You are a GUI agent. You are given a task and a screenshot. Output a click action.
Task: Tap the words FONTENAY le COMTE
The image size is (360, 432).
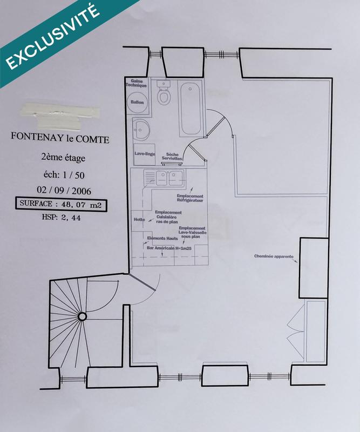(60, 139)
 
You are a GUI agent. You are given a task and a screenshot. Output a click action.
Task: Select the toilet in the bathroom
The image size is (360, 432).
(164, 96)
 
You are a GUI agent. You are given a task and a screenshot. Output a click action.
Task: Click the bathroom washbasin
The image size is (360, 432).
(141, 129)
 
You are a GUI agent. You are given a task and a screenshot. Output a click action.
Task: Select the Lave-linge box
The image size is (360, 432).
(142, 154)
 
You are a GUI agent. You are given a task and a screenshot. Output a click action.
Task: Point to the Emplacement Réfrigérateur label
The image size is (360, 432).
(189, 198)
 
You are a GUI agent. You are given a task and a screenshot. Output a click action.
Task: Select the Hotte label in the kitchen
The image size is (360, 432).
(139, 220)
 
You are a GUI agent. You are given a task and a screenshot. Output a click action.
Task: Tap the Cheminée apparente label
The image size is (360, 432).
(274, 256)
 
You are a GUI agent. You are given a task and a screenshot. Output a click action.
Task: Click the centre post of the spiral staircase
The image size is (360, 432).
(82, 316)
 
